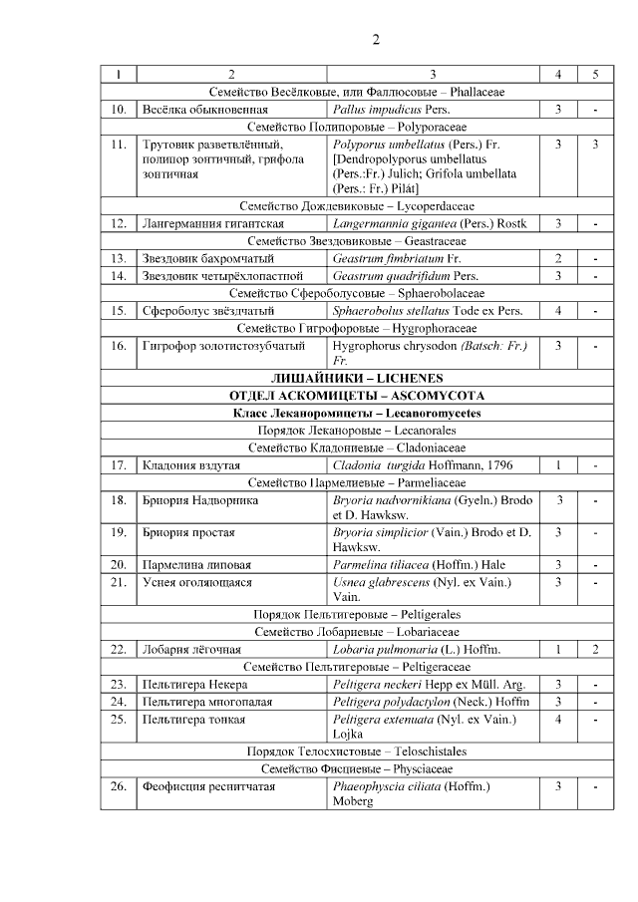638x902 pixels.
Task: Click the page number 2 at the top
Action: click(376, 40)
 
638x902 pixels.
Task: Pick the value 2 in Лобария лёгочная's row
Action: click(594, 650)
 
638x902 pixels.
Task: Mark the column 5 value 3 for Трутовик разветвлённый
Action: click(594, 145)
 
